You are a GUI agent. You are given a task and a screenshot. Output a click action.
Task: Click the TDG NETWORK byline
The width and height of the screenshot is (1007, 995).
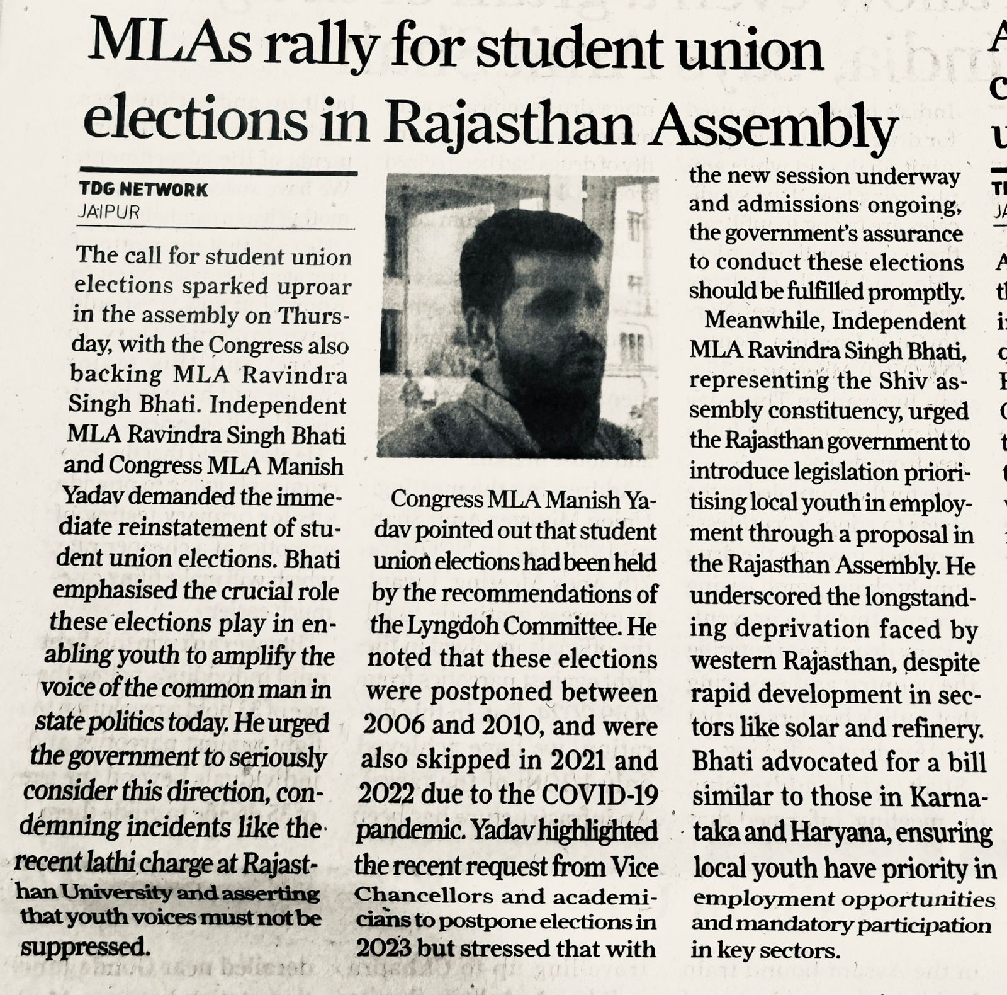pos(143,189)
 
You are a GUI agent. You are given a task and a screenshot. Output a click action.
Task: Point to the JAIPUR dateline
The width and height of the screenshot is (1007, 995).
pos(108,212)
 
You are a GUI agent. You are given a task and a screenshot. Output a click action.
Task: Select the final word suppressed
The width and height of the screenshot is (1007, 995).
pos(84,947)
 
